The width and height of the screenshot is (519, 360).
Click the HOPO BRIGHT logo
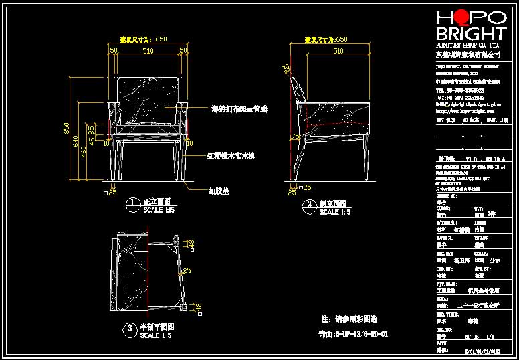tap(471, 26)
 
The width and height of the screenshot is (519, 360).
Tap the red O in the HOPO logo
tap(460, 18)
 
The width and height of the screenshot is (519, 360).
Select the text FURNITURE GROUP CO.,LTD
tap(469, 44)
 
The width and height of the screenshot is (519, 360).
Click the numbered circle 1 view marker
tap(133, 203)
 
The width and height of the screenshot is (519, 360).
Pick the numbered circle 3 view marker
tap(130, 328)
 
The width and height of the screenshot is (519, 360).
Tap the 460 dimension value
tap(84, 151)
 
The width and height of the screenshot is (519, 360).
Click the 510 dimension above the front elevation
tap(147, 50)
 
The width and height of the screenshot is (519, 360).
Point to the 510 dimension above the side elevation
tap(338, 50)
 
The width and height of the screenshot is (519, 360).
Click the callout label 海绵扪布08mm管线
tap(239, 108)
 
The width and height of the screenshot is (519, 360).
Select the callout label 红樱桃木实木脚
tap(230, 155)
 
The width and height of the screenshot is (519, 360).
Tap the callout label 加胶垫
tap(218, 191)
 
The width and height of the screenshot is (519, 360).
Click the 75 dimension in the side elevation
tap(293, 137)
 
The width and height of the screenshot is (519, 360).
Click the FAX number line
tap(460, 97)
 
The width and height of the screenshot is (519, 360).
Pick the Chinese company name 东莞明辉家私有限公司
tap(469, 53)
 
